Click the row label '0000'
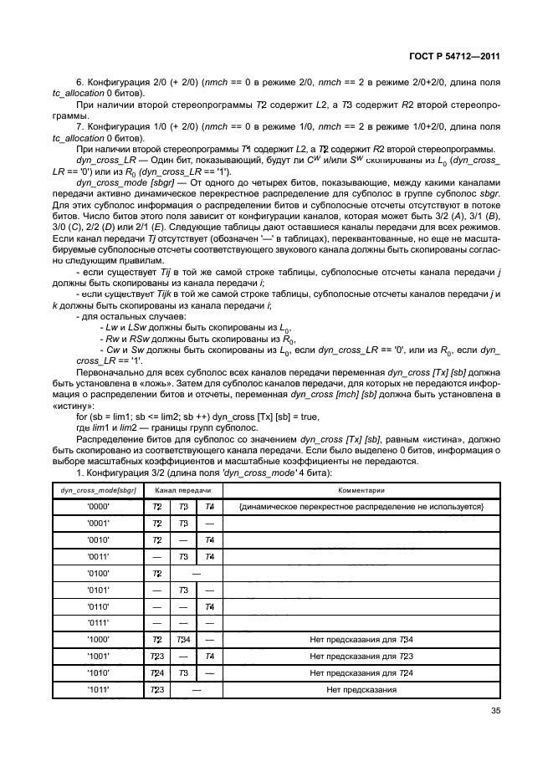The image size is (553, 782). click(x=100, y=508)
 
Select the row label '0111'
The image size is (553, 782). click(x=100, y=622)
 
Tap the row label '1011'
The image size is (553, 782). click(x=100, y=690)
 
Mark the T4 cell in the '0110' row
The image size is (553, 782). click(x=210, y=606)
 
